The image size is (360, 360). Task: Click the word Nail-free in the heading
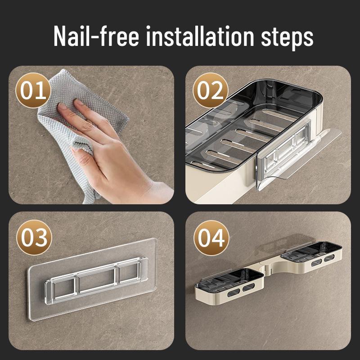tap(96, 36)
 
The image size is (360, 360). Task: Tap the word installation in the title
tap(200, 36)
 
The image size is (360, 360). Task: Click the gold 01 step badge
tap(33, 90)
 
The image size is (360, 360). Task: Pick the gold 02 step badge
tap(210, 90)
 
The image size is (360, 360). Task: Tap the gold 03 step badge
tap(35, 238)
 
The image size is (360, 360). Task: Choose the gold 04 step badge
tap(211, 238)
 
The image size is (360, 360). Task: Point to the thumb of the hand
tap(83, 153)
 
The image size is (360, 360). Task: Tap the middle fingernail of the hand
tap(78, 102)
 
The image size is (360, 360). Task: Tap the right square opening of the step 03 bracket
tap(129, 272)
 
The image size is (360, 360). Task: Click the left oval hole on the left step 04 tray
tap(234, 292)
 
